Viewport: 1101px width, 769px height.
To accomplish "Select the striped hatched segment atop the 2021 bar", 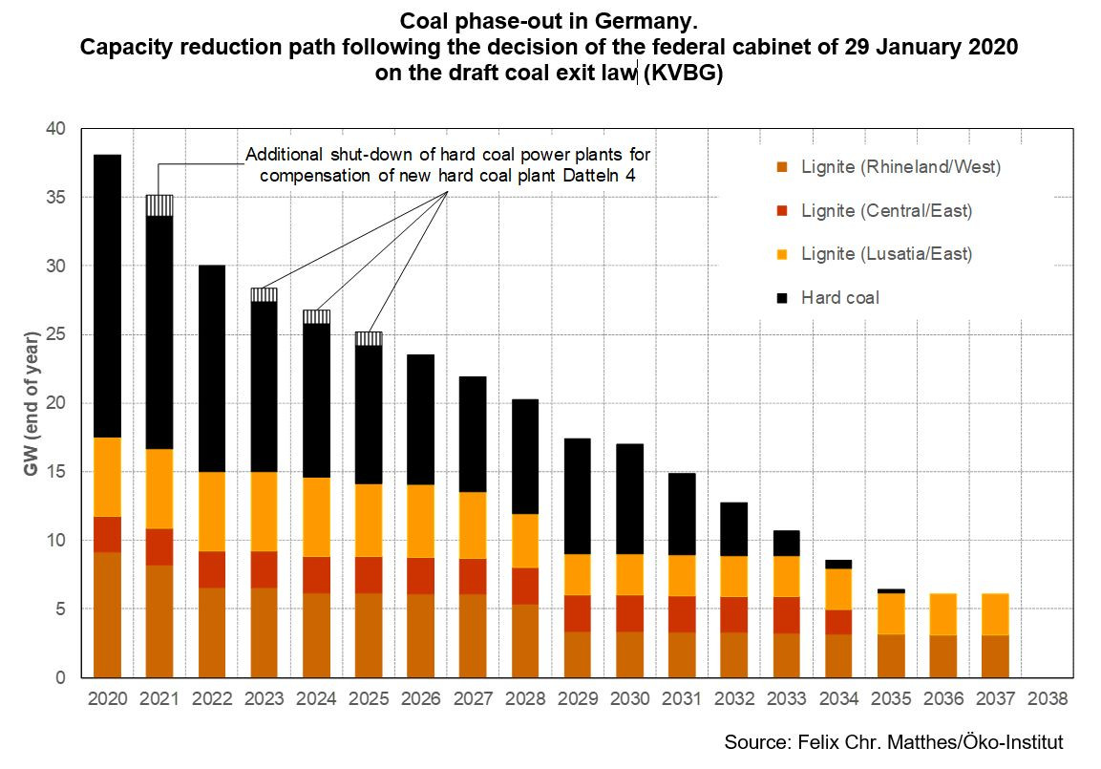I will point(159,205).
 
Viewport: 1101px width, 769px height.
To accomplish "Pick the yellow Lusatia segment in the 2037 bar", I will point(995,614).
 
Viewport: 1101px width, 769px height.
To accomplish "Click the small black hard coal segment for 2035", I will point(891,591).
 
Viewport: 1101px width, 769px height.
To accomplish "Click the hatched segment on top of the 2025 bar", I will point(369,338).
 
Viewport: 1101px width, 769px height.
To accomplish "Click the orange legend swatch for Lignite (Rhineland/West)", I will point(781,168).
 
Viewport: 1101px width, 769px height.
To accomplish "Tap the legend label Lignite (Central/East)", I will point(887,210).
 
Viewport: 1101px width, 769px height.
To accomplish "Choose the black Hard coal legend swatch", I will point(781,298).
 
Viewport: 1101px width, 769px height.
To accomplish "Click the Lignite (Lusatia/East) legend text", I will point(887,254).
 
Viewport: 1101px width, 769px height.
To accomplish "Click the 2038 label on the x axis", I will point(1048,698).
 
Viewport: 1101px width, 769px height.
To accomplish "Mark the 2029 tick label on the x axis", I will point(576,698).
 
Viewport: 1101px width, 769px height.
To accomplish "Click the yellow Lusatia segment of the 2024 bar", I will point(316,517).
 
